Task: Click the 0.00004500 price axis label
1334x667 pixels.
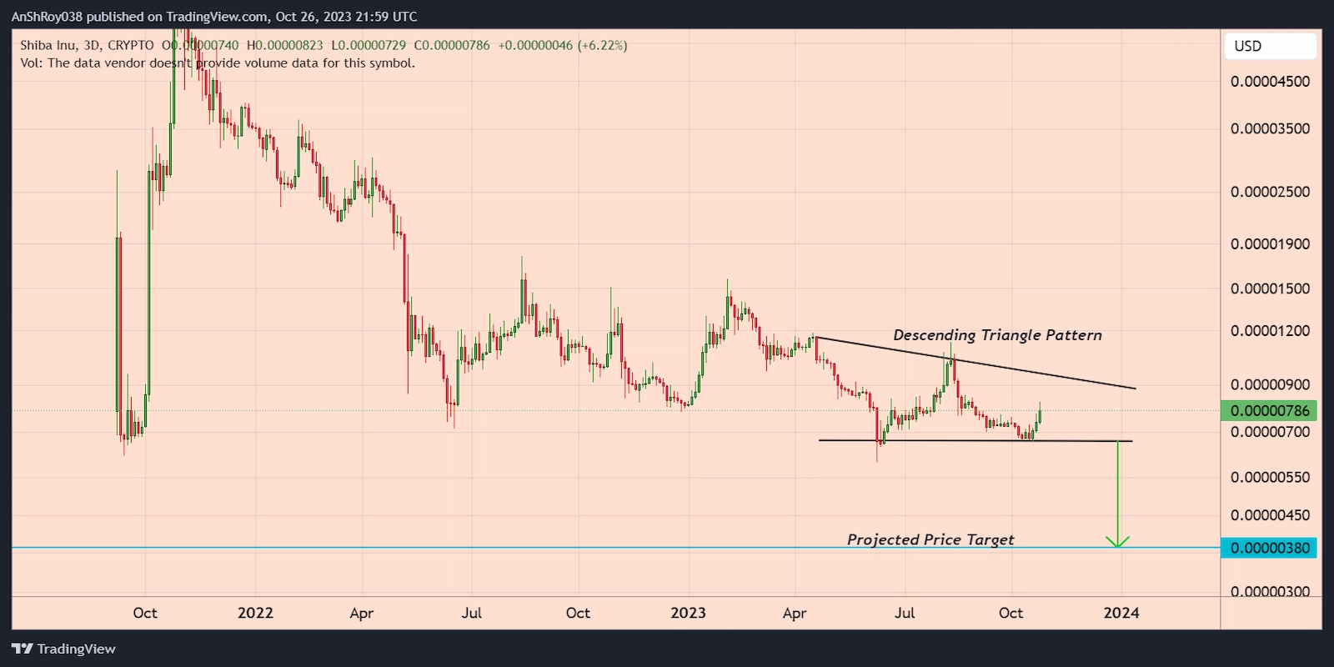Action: tap(1270, 82)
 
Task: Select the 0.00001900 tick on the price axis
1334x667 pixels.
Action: tap(1270, 244)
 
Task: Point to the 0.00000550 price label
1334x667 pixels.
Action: tap(1270, 478)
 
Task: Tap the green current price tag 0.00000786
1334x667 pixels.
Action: tap(1268, 411)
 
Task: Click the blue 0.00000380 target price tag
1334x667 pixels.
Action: tap(1268, 548)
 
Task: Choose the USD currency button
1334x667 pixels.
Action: tap(1248, 47)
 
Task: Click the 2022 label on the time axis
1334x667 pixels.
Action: tap(255, 613)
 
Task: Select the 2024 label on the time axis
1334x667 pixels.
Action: tap(1121, 613)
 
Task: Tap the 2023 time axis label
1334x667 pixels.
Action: tap(688, 613)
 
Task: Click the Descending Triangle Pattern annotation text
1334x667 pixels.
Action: tap(997, 335)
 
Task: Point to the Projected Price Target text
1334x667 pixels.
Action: tap(930, 540)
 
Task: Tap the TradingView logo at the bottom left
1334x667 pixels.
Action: tap(63, 649)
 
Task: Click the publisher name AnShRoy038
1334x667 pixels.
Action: tap(47, 17)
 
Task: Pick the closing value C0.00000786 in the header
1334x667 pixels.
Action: tap(452, 46)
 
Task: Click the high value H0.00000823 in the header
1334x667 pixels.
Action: tap(284, 46)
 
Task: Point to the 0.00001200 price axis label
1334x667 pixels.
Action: tap(1270, 331)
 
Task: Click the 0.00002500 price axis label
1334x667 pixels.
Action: tap(1270, 192)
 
